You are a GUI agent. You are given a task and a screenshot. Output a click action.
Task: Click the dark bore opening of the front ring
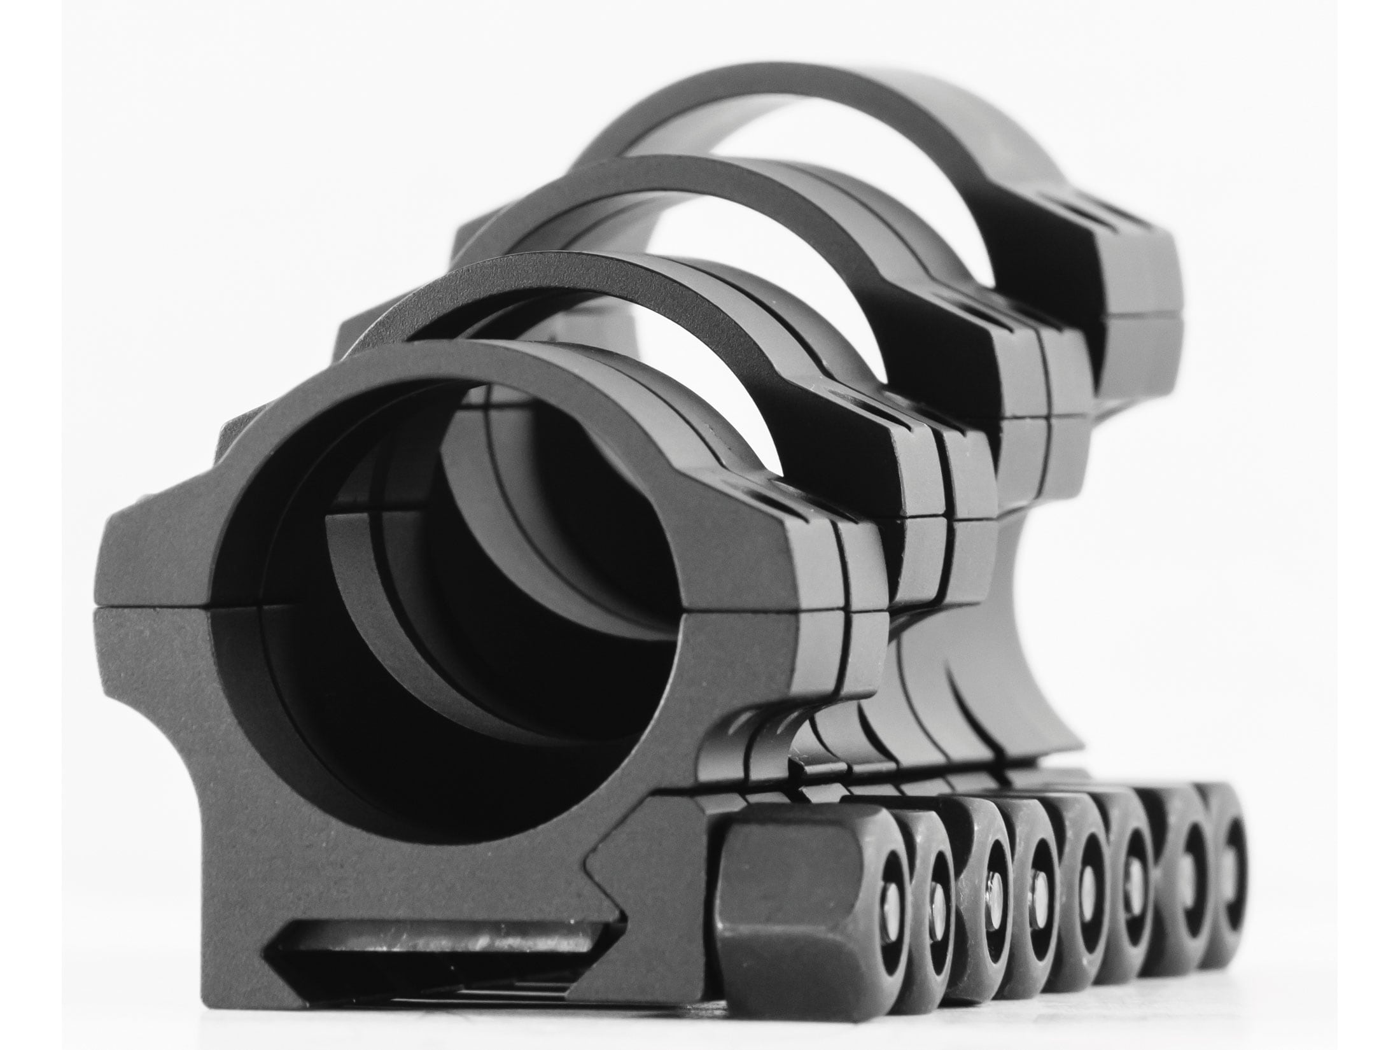point(445,605)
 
